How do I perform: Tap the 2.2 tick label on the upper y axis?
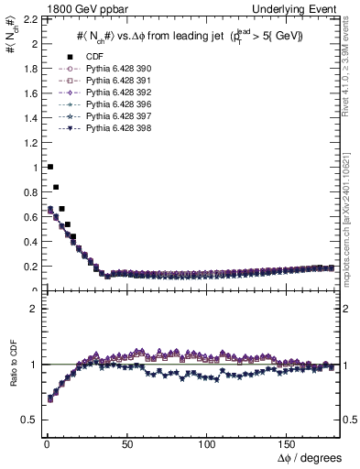click(x=29, y=19)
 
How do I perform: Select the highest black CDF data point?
click(x=49, y=167)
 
